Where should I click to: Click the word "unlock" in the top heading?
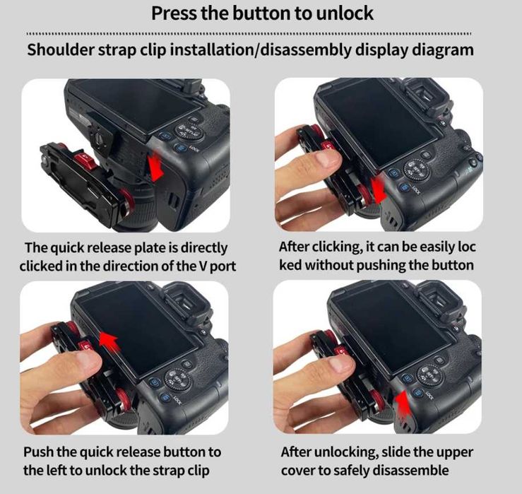coord(344,13)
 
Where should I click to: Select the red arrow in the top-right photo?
coord(379,189)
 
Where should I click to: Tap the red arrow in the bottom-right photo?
coord(403,404)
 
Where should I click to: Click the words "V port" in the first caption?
coord(218,266)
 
